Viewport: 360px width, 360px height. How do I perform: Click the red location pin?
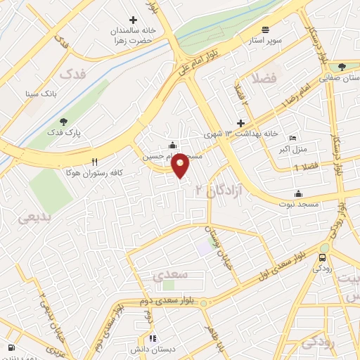181,166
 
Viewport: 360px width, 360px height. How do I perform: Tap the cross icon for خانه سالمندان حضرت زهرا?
133,20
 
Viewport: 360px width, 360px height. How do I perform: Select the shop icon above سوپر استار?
265,29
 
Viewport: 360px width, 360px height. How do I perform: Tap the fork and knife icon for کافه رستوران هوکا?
94,161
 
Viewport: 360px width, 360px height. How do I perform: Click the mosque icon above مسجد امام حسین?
173,146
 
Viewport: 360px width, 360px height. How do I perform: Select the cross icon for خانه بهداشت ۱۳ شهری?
240,122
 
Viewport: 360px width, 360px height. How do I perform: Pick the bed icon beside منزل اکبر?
293,138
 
